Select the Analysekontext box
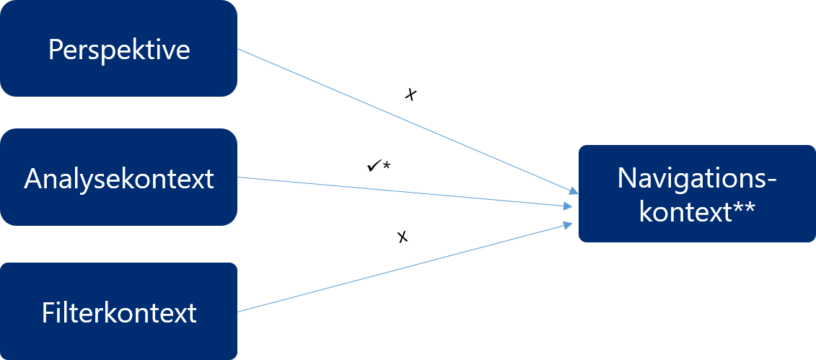point(118,177)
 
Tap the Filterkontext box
point(118,311)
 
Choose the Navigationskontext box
point(696,193)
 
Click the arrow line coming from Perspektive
point(404,119)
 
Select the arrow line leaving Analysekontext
point(404,191)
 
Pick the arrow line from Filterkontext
point(404,268)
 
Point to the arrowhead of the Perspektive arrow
point(575,192)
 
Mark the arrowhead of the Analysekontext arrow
point(570,207)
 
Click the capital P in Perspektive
point(54,51)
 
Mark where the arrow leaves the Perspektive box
point(238,49)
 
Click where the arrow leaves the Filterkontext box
point(238,312)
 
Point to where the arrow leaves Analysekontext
point(238,177)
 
